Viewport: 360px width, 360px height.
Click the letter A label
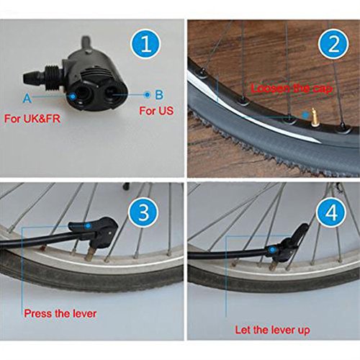tap(27, 96)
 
